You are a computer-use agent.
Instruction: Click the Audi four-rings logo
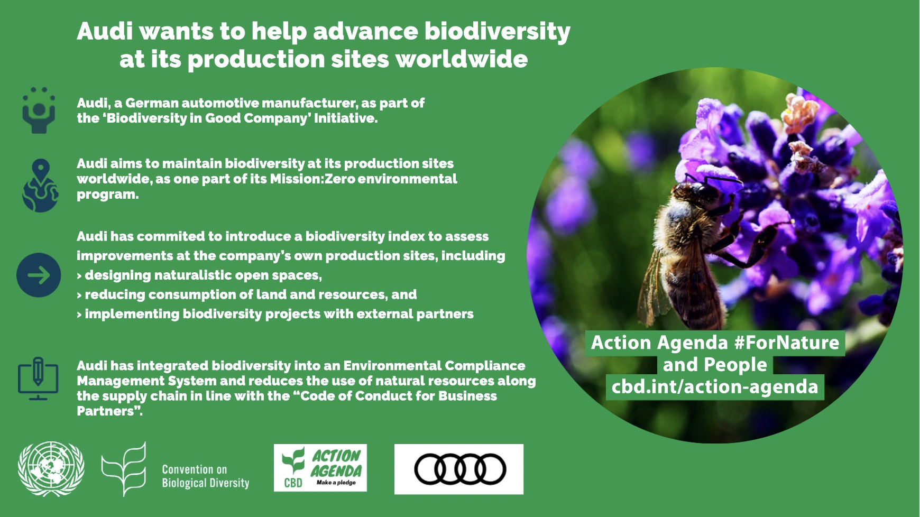[x=459, y=469]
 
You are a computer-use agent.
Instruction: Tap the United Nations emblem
[x=51, y=469]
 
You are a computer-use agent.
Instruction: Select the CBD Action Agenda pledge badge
[x=320, y=468]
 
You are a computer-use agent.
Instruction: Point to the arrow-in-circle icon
[x=39, y=275]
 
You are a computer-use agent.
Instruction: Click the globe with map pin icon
[x=40, y=186]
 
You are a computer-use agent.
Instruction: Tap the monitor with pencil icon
[x=38, y=379]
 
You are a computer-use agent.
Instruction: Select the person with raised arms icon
[x=39, y=110]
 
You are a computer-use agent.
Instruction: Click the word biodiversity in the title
[x=498, y=32]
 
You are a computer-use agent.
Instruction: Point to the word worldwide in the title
[x=462, y=59]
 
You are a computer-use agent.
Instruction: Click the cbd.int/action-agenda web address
[x=715, y=386]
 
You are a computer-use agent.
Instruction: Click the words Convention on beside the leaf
[x=194, y=469]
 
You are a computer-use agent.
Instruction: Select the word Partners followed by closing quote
[x=109, y=411]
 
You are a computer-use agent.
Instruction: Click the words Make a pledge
[x=336, y=483]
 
